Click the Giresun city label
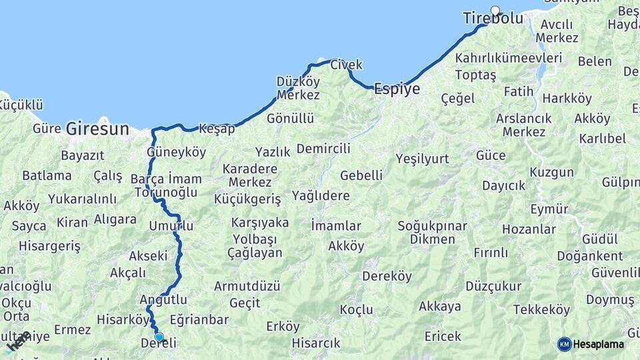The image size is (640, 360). tap(97, 129)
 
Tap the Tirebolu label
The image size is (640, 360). tap(493, 19)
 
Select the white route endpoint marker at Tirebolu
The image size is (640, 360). tap(495, 10)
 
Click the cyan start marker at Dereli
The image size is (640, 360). tap(159, 337)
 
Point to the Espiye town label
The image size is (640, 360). tap(397, 89)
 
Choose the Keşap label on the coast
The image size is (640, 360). tap(217, 129)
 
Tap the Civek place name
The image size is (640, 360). tap(347, 65)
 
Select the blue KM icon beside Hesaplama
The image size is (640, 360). tap(564, 344)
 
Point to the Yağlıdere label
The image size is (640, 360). tap(321, 195)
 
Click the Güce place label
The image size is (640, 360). tap(491, 155)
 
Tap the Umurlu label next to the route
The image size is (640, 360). tap(171, 227)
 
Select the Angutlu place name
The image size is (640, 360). tap(163, 299)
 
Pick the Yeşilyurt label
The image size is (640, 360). tap(422, 159)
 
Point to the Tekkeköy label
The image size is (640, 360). tap(541, 310)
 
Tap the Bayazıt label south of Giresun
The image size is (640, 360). tap(83, 156)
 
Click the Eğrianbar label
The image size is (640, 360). tap(199, 320)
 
